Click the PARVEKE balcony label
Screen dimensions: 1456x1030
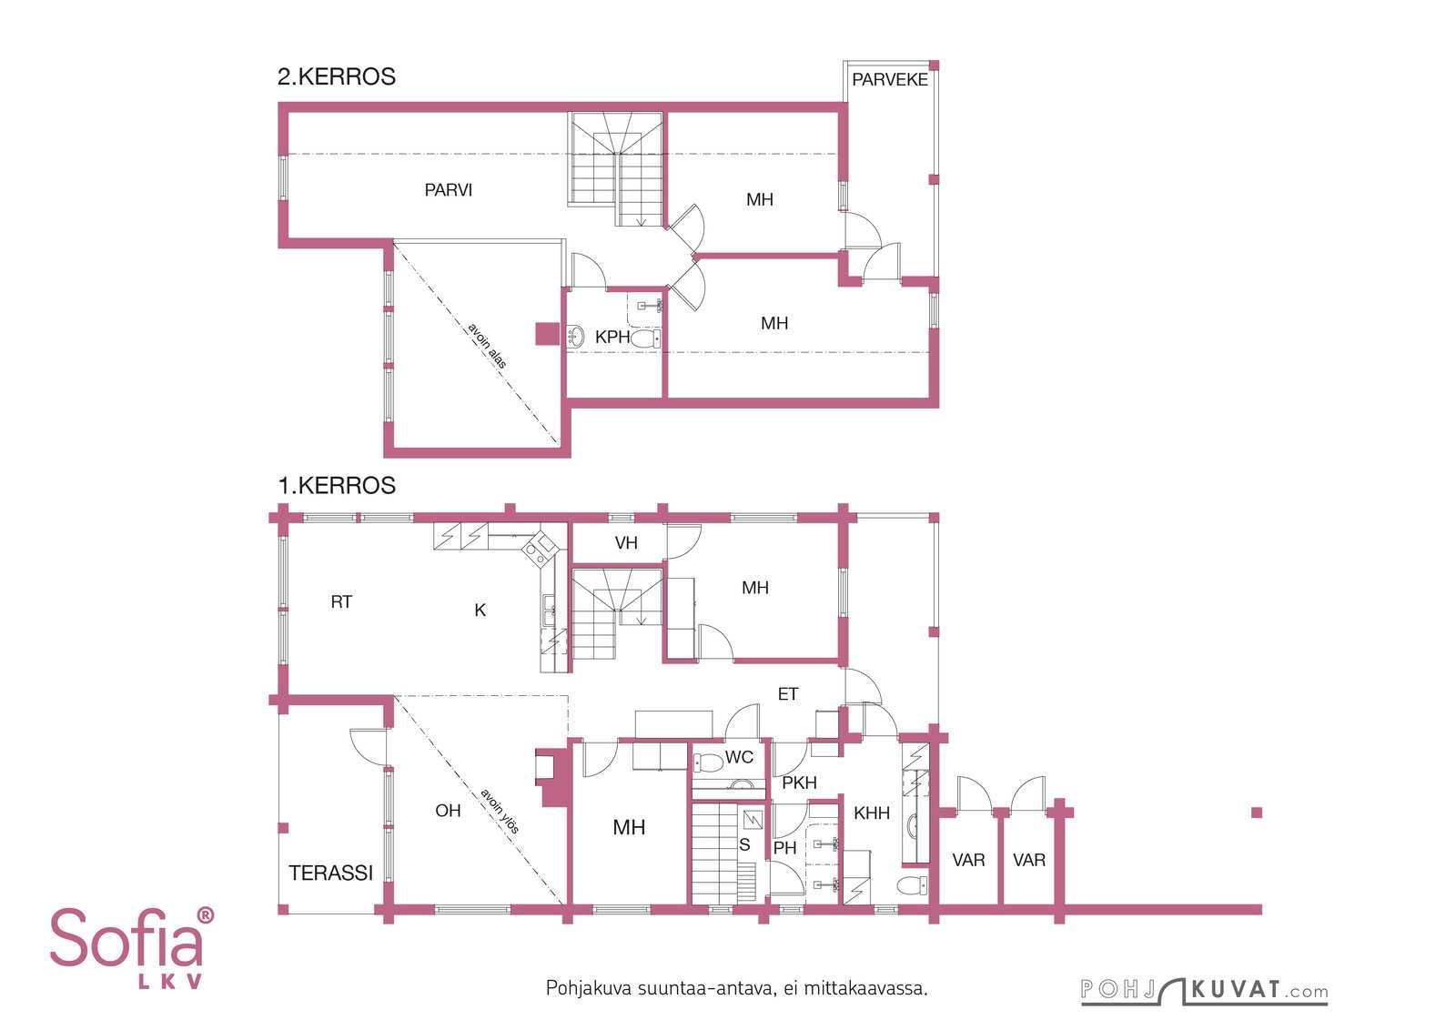pyautogui.click(x=889, y=80)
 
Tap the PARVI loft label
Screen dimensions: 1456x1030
pyautogui.click(x=448, y=190)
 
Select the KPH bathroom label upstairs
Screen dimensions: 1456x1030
pyautogui.click(x=612, y=338)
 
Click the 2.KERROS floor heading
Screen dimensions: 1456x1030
pyautogui.click(x=336, y=76)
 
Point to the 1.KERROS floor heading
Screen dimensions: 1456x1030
pyautogui.click(x=336, y=486)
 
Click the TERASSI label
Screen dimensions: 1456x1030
pyautogui.click(x=331, y=873)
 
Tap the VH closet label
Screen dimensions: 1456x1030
pyautogui.click(x=626, y=543)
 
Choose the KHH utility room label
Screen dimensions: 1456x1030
pyautogui.click(x=872, y=813)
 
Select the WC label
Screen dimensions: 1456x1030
pyautogui.click(x=739, y=757)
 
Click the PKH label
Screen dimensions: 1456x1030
pyautogui.click(x=799, y=783)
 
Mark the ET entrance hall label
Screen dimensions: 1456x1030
pyautogui.click(x=788, y=694)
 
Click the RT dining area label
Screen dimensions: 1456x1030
pyautogui.click(x=341, y=602)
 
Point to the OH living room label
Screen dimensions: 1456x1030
pyautogui.click(x=448, y=811)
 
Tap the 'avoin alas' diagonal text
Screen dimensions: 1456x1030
pyautogui.click(x=487, y=346)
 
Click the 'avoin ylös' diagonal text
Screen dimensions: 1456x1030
pyautogui.click(x=500, y=811)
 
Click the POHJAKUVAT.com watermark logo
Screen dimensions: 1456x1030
pyautogui.click(x=1204, y=992)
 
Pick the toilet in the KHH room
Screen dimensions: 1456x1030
pyautogui.click(x=913, y=884)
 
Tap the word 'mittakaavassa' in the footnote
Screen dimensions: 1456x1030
pyautogui.click(x=864, y=988)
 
